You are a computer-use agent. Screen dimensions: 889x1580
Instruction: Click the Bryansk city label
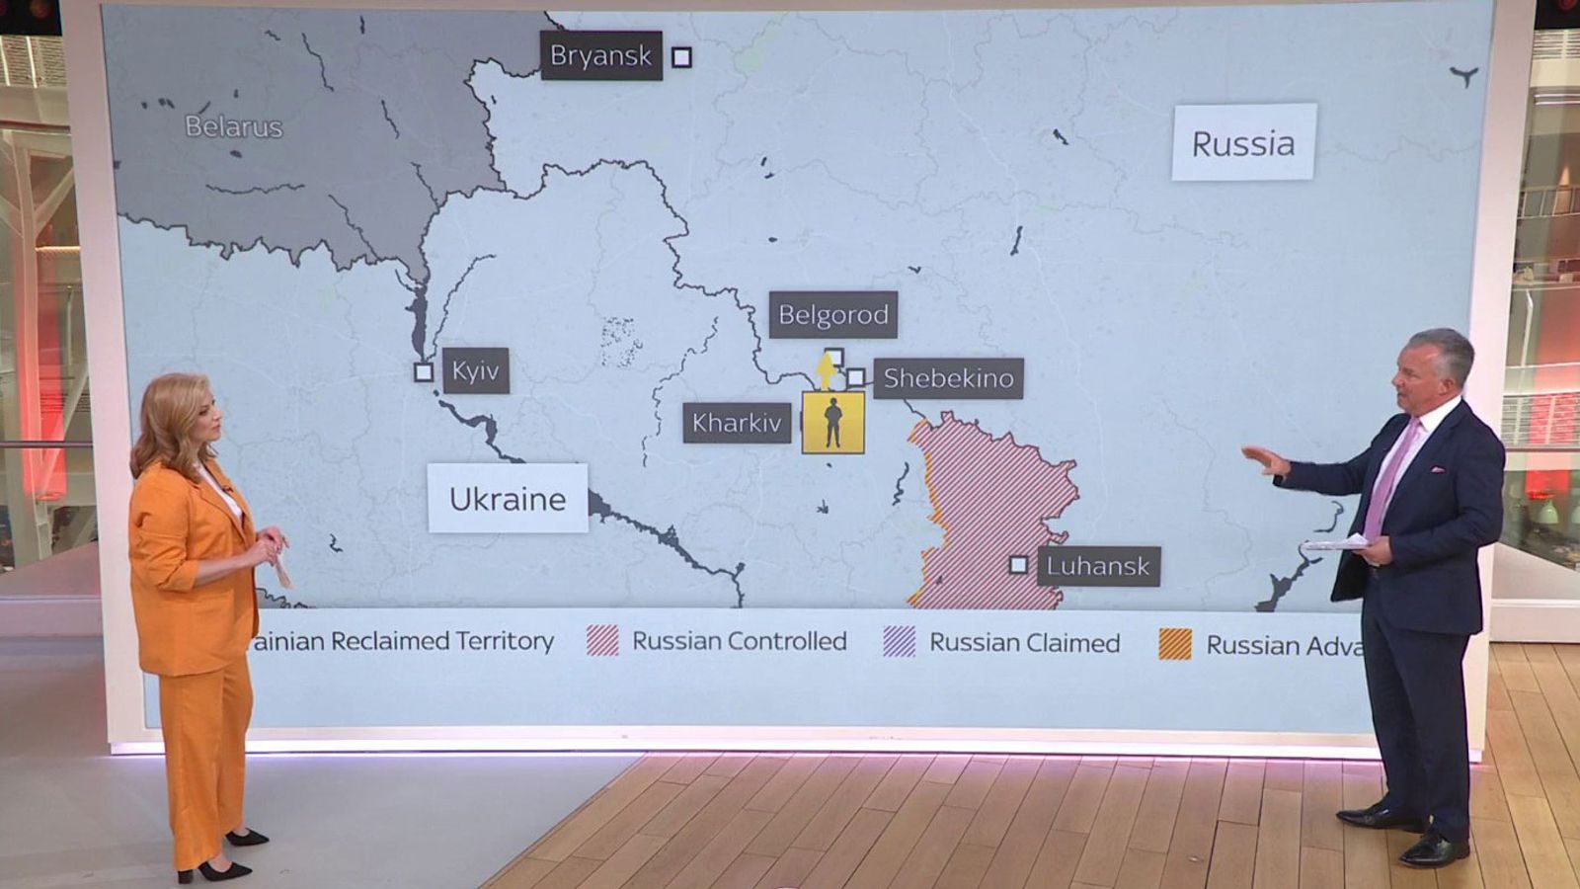click(600, 55)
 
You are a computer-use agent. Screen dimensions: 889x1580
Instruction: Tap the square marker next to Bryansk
click(681, 57)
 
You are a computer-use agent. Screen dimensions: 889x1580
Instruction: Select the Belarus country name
click(234, 126)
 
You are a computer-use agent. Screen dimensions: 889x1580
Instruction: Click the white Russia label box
click(1243, 143)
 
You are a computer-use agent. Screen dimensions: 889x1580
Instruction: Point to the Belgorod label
click(833, 315)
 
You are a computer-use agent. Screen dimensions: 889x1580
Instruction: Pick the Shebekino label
click(948, 378)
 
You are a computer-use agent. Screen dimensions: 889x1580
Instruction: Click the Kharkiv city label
click(737, 423)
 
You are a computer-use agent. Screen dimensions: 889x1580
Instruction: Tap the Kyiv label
click(476, 370)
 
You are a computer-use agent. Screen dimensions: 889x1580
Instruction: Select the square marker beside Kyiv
click(424, 372)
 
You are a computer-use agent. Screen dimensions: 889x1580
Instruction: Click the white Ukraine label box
click(508, 499)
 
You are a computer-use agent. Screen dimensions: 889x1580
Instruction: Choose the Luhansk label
click(1098, 566)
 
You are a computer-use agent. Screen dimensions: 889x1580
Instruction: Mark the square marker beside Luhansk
click(1018, 565)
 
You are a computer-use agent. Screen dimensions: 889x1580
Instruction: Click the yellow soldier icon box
click(832, 423)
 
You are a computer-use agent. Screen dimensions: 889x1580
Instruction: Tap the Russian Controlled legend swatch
click(602, 641)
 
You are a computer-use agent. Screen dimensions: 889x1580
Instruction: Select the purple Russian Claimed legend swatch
click(899, 642)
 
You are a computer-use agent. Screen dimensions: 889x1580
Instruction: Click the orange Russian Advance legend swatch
click(1175, 644)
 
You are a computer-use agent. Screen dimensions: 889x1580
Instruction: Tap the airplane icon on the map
click(1464, 76)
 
